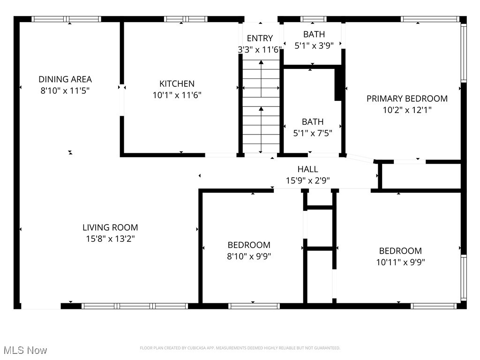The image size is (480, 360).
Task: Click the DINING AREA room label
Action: [x=65, y=79]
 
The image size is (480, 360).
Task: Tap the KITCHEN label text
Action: [x=177, y=84]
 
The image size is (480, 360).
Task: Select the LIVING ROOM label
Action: [x=110, y=228]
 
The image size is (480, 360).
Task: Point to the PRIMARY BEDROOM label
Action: [x=406, y=98]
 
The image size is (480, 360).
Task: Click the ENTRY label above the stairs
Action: [x=260, y=38]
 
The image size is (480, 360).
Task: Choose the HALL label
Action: [x=307, y=169]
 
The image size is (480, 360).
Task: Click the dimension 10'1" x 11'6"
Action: [x=177, y=95]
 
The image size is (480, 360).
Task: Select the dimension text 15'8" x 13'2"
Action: [x=110, y=239]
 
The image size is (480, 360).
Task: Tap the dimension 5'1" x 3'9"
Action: [x=314, y=46]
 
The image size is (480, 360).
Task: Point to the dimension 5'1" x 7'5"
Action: [x=313, y=133]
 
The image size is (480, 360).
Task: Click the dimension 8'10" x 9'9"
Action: [x=249, y=256]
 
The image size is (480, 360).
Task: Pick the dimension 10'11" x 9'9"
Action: [x=400, y=262]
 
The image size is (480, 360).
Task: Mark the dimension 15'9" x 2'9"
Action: [x=308, y=180]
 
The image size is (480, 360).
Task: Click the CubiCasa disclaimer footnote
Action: [x=240, y=348]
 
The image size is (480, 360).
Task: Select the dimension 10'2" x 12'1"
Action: [x=406, y=110]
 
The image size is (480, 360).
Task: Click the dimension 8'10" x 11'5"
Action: [x=65, y=91]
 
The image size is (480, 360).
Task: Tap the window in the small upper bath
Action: [x=313, y=19]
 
